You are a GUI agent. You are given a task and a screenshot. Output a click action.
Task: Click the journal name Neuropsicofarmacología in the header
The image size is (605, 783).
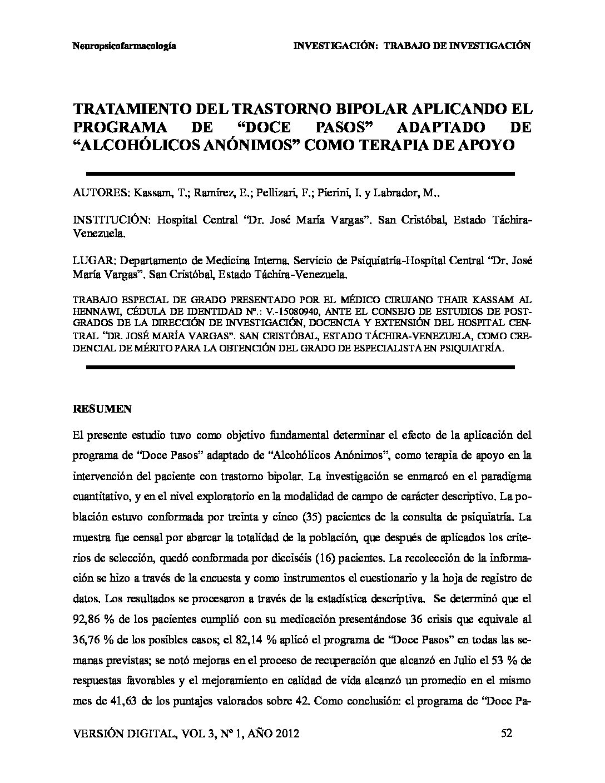[125, 46]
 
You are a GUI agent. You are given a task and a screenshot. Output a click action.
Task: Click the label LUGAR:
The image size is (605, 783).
[94, 260]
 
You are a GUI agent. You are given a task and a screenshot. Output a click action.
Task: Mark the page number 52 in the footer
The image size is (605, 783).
[507, 734]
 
